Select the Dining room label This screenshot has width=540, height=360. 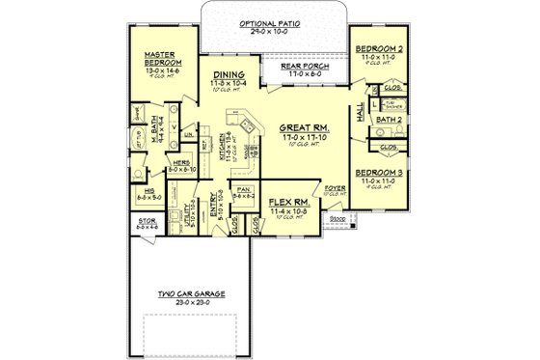227,74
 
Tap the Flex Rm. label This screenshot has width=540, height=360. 287,198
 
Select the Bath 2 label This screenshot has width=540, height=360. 389,119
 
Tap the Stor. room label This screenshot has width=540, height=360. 147,221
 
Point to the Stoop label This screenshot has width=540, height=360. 337,220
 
